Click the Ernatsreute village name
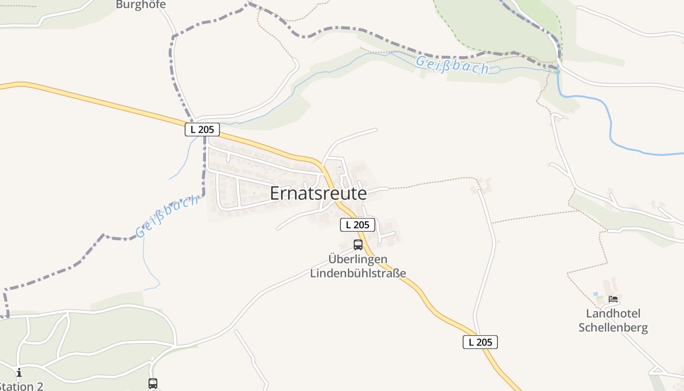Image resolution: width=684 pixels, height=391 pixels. (x=318, y=194)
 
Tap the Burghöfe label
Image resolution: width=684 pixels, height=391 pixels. (x=141, y=5)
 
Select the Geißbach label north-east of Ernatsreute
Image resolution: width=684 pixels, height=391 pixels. (x=452, y=65)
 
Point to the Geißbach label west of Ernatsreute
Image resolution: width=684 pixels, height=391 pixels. (x=167, y=215)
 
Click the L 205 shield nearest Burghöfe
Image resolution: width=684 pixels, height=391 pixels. (x=202, y=130)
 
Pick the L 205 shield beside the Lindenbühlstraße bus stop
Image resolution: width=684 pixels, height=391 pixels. (x=357, y=225)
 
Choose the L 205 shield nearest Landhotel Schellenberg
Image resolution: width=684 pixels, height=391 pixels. (x=480, y=342)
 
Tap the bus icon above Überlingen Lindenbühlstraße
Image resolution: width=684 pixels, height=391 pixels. (x=358, y=245)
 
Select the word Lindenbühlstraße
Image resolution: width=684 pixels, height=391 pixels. (x=358, y=273)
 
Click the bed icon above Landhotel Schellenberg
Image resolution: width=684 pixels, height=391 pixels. (x=613, y=299)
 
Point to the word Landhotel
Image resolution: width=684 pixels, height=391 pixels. (x=613, y=313)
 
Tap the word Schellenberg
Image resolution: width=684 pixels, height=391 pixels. (x=613, y=327)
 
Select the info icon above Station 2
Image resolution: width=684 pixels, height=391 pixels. (x=19, y=373)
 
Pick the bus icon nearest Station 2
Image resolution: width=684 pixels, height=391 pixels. (x=153, y=384)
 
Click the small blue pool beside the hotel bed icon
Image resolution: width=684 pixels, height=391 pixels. (x=596, y=294)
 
